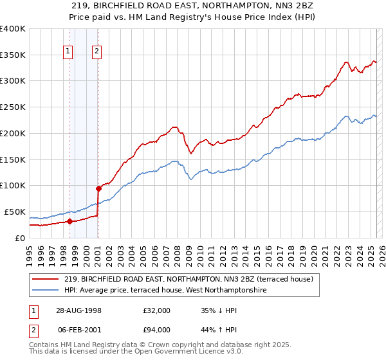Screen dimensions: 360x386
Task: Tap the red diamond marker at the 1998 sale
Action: coord(69,222)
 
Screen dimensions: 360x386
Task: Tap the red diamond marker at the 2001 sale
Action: coord(98,188)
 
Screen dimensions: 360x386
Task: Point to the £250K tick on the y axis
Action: coord(14,107)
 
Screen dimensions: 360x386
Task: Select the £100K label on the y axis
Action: coord(14,186)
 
